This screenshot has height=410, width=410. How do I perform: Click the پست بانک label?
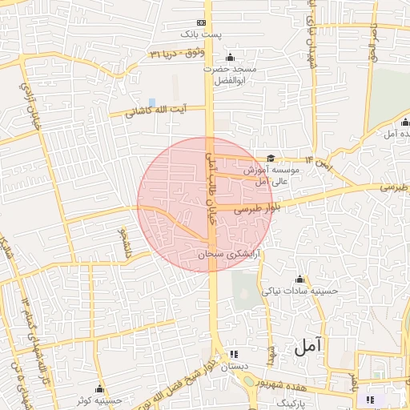199,34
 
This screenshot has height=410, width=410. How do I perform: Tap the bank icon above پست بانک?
200,22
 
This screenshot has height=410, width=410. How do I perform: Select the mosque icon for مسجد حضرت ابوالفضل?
231,57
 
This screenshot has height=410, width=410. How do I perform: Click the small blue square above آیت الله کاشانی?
151,101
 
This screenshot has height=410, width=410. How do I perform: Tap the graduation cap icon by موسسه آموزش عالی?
271,159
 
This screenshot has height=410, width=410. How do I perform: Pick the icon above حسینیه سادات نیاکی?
299,279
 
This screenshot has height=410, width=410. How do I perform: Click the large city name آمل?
307,347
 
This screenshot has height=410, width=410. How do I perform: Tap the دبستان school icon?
233,353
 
